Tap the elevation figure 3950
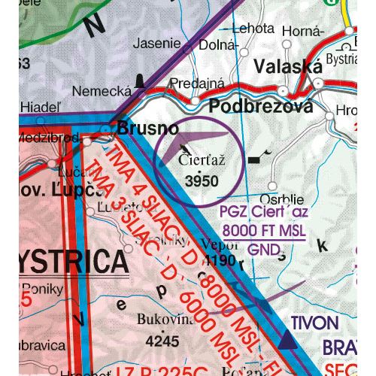[202, 180]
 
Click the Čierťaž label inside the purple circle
[202, 160]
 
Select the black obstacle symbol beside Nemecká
[139, 80]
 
